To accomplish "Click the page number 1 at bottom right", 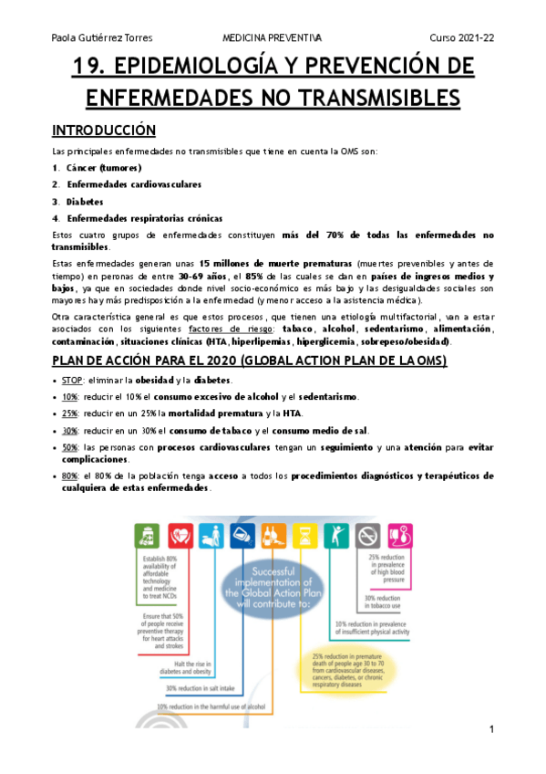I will [x=491, y=729].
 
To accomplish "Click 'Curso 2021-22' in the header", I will [x=462, y=37].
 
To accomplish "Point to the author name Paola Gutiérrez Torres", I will [x=102, y=37].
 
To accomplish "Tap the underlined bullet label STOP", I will [x=73, y=380].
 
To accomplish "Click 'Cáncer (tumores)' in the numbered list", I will [x=104, y=168].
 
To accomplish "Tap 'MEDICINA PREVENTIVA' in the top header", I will [x=272, y=37].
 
